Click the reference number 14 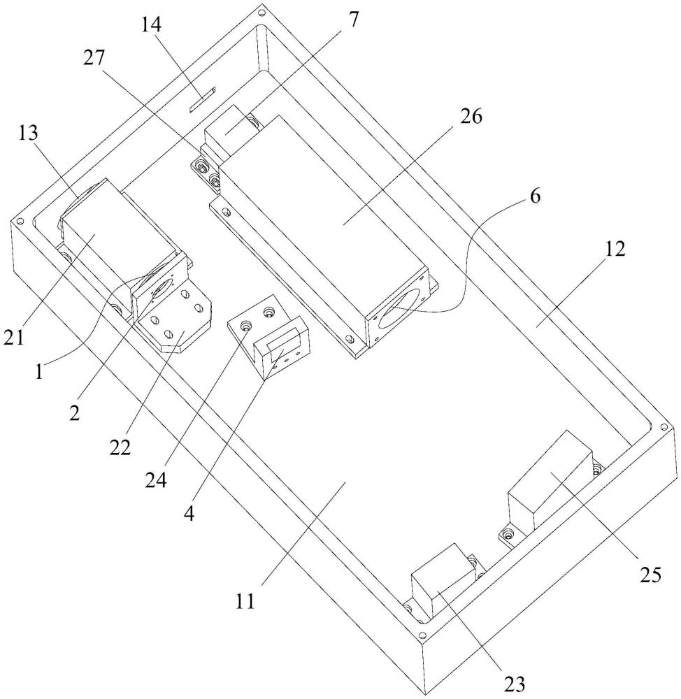click(151, 26)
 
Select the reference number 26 click(471, 117)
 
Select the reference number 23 click(515, 683)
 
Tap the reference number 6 click(534, 196)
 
